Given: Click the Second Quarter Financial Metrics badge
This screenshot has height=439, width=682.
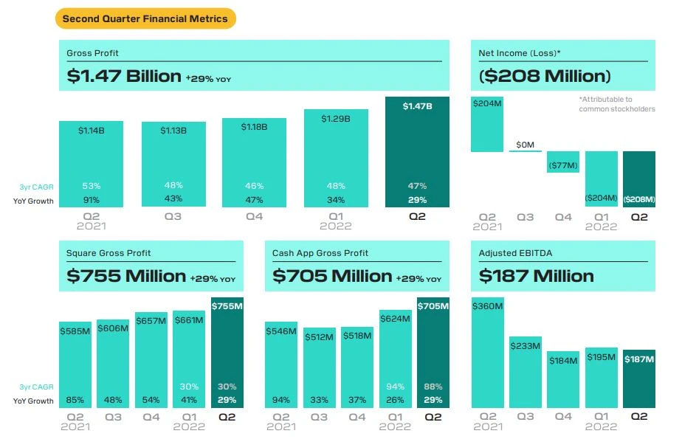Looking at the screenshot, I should [145, 18].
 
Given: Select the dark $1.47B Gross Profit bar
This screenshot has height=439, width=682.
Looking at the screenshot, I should [417, 155].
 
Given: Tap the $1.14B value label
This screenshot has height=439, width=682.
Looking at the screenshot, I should [91, 131].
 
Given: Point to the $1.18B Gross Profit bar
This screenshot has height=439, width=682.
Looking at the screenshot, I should [254, 162].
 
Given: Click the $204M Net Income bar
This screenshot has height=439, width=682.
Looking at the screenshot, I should [487, 123].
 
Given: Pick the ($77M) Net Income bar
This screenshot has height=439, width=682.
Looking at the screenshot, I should [563, 162].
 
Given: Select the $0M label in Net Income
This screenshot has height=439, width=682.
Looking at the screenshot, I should [525, 145].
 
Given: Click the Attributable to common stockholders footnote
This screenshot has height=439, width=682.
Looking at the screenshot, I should [616, 104].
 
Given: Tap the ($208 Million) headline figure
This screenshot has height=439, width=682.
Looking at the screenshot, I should [545, 75].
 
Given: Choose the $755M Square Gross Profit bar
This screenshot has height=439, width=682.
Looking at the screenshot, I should [227, 354].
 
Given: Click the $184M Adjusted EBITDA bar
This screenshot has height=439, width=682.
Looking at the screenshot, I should [563, 380].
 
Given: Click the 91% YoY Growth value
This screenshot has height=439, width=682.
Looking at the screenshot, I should [91, 200].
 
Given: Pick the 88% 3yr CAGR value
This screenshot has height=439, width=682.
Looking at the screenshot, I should [433, 386].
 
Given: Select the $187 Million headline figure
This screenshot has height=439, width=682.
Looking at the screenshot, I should [536, 276].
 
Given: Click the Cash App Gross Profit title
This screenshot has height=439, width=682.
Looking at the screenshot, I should [320, 253].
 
